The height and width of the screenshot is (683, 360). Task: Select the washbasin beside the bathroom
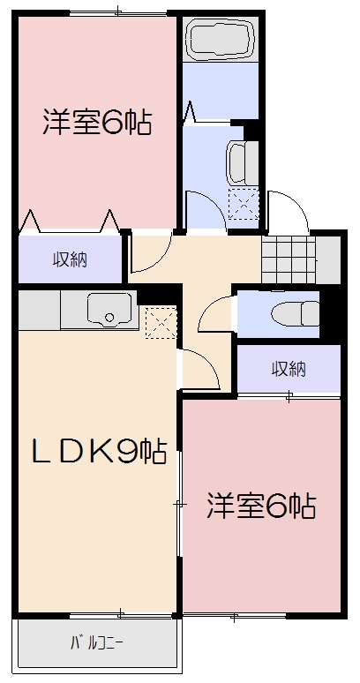point(239,161)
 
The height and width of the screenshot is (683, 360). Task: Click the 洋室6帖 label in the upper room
point(97,123)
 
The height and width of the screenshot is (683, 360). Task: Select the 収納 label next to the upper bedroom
point(69,259)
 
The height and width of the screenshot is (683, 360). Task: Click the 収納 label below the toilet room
point(288,368)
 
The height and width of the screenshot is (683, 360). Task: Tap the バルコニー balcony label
point(96,642)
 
